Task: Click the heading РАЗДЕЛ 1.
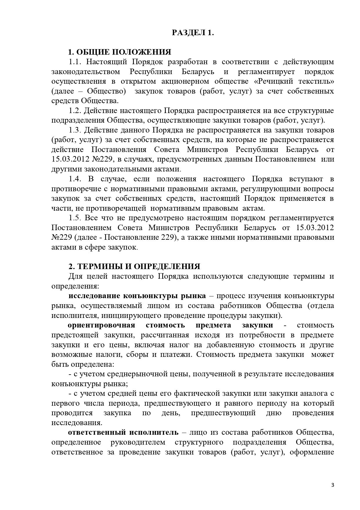193,33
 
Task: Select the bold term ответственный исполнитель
123,432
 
